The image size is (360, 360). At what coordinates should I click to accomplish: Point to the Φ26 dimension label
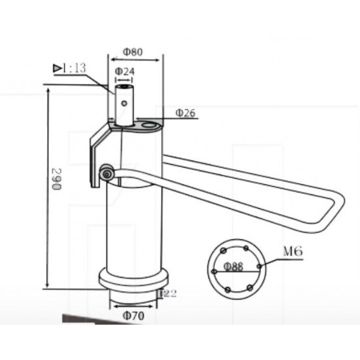click(x=185, y=113)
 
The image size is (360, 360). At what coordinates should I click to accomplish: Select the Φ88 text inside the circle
click(x=234, y=266)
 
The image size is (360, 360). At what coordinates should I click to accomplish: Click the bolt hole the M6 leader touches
click(x=260, y=265)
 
